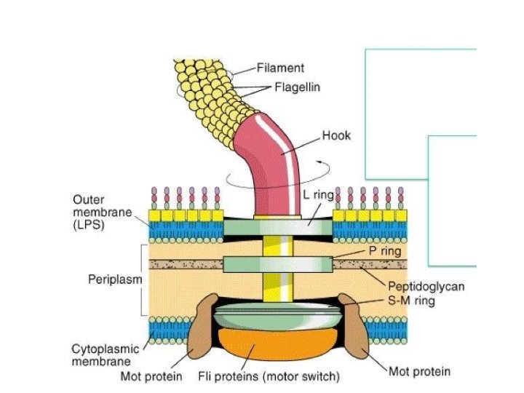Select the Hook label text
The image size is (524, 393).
click(336, 135)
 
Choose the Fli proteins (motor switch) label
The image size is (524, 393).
click(269, 377)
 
